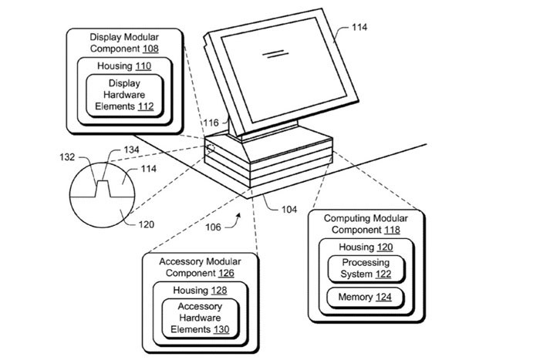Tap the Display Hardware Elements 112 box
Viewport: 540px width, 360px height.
[x=125, y=95]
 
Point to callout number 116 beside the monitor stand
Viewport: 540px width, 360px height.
[x=211, y=123]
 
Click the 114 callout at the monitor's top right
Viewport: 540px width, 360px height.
[x=359, y=28]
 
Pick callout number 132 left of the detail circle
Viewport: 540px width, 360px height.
[x=67, y=157]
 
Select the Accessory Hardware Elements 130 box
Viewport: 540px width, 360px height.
[x=200, y=318]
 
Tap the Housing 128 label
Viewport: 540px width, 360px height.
[x=199, y=291]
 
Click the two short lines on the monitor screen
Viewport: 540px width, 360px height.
[x=271, y=55]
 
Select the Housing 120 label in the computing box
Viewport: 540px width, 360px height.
[x=365, y=247]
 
